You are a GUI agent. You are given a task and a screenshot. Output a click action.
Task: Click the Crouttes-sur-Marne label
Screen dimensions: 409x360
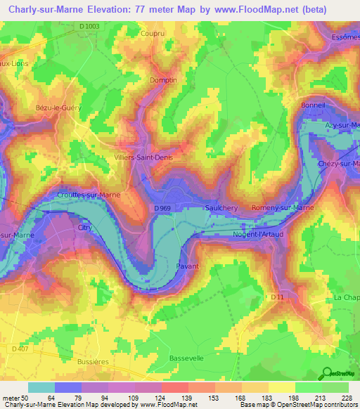(x=89, y=195)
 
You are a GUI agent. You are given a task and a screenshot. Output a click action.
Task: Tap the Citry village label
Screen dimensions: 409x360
(x=84, y=228)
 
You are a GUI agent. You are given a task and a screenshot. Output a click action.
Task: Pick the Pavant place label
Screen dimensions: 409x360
(x=187, y=266)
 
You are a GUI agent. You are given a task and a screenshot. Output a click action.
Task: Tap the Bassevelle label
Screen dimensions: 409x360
(x=186, y=358)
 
